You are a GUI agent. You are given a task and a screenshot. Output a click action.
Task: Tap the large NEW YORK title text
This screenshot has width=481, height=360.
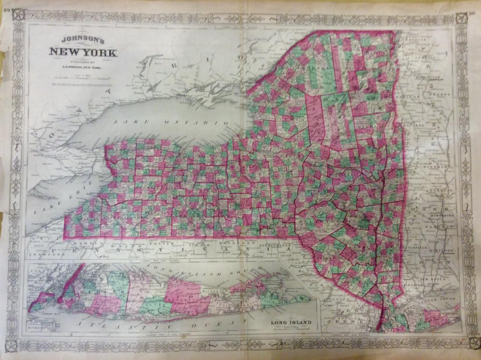[x=83, y=53]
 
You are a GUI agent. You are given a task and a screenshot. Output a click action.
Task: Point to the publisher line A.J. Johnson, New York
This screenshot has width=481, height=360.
[x=83, y=66]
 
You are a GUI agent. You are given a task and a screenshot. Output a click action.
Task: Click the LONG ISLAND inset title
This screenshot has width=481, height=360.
[x=291, y=323]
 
